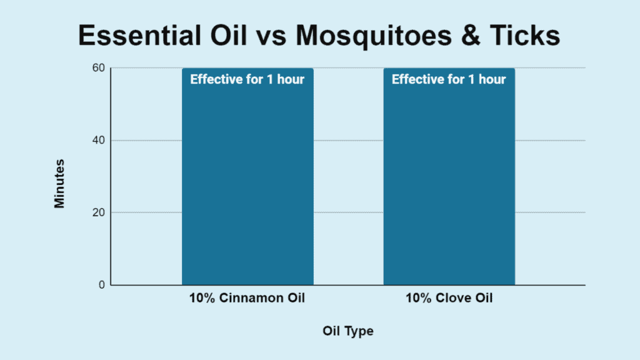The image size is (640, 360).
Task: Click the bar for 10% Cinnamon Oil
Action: [247, 176]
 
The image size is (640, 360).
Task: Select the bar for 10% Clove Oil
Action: [449, 176]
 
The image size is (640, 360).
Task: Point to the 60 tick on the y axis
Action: [99, 67]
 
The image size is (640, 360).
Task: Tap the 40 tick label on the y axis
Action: [99, 141]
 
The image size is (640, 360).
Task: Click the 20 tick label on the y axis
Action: [99, 212]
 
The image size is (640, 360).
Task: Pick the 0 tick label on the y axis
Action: [102, 285]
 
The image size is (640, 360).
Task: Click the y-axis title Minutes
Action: [59, 184]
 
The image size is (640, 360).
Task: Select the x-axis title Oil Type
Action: [347, 331]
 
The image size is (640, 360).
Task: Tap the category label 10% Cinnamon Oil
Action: [247, 298]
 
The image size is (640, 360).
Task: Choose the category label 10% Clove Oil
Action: [449, 298]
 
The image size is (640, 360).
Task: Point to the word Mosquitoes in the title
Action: [374, 36]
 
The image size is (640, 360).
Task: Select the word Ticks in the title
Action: [525, 35]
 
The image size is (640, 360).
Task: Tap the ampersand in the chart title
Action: [471, 35]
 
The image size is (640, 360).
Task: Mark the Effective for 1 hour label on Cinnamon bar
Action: [247, 79]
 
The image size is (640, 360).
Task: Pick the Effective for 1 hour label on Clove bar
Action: [449, 79]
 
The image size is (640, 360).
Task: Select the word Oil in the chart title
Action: [229, 35]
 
